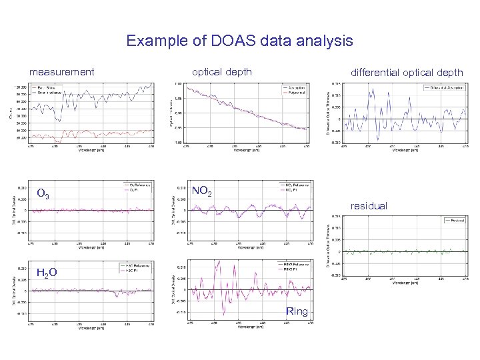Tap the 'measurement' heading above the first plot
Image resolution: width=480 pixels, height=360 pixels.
click(x=62, y=71)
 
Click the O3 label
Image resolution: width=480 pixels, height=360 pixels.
click(x=42, y=194)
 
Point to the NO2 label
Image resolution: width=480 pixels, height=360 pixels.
click(x=202, y=192)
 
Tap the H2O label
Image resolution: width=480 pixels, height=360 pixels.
click(x=46, y=272)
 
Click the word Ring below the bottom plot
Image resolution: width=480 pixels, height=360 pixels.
click(x=297, y=311)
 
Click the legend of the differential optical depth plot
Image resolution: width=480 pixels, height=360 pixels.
click(x=445, y=88)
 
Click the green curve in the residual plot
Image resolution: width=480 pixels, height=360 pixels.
click(x=400, y=252)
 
